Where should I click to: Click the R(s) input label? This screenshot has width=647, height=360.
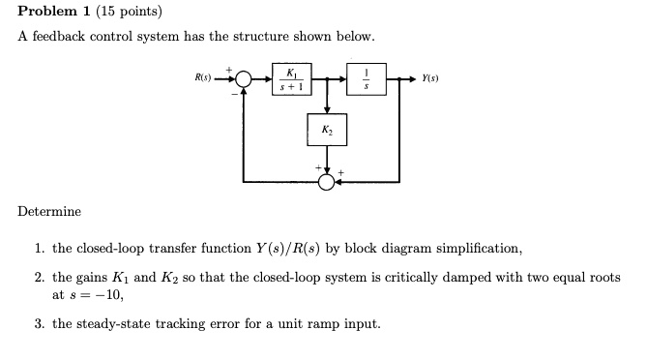pyautogui.click(x=203, y=76)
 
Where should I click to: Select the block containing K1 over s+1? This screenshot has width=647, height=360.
pyautogui.click(x=287, y=78)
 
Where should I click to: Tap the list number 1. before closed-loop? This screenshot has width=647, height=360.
pyautogui.click(x=40, y=249)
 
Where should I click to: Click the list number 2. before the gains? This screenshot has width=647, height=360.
pyautogui.click(x=40, y=277)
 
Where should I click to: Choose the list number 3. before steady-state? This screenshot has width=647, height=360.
pyautogui.click(x=40, y=323)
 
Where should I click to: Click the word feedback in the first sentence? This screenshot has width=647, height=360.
pyautogui.click(x=59, y=37)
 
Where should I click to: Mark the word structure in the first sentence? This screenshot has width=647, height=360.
pyautogui.click(x=278, y=37)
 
